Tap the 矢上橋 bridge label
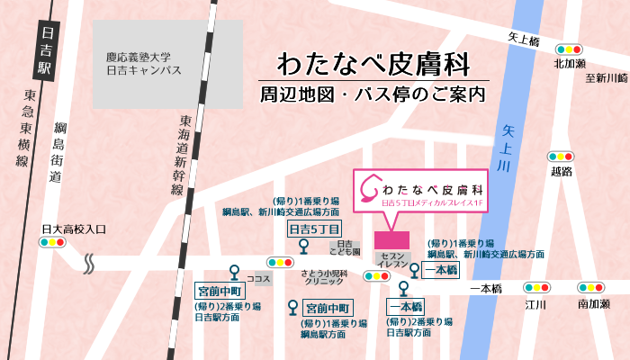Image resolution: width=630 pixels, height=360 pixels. click(x=522, y=40)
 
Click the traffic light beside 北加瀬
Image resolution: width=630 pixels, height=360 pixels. click(x=569, y=49)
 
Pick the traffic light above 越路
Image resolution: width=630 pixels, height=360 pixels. click(x=562, y=156)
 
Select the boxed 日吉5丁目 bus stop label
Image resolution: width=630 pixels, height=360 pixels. click(x=308, y=229)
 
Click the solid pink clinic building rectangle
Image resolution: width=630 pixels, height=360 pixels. click(x=391, y=241)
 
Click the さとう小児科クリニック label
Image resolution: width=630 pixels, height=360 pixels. click(x=323, y=277)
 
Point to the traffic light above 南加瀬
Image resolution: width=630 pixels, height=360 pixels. click(x=591, y=288)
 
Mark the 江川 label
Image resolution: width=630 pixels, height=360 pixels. click(x=537, y=304)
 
